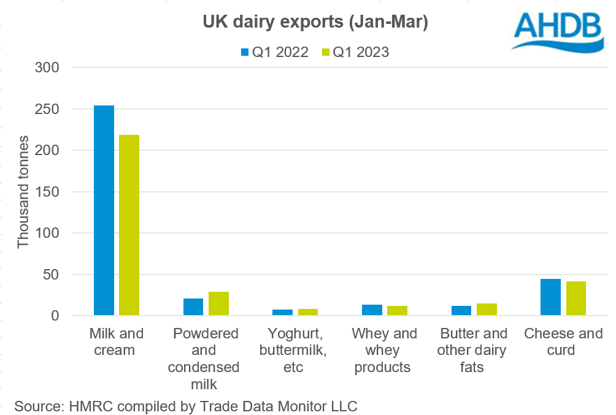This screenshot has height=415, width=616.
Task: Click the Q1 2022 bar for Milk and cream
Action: coord(104,211)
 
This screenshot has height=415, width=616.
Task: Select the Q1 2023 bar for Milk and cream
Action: coord(129,225)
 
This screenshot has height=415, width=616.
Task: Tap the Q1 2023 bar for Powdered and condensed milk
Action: coord(218,304)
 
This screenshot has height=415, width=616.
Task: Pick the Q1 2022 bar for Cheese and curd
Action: coord(550,297)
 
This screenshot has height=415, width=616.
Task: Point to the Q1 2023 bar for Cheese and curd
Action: coord(576,299)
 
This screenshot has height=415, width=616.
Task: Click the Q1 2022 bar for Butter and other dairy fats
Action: coord(461,311)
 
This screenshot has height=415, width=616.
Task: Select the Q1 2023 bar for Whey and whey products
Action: coord(397,311)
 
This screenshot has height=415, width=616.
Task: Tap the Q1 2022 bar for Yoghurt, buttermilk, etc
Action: coord(282,313)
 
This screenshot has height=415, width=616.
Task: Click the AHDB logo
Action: coord(558,31)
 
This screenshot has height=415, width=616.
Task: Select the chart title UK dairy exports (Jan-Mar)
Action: coord(315,23)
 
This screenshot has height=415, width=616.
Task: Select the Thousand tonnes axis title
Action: coord(23,192)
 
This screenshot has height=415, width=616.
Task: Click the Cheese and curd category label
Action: coord(563,342)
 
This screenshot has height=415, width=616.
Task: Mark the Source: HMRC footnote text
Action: coord(186,406)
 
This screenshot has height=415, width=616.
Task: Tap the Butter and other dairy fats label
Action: coord(473,351)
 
